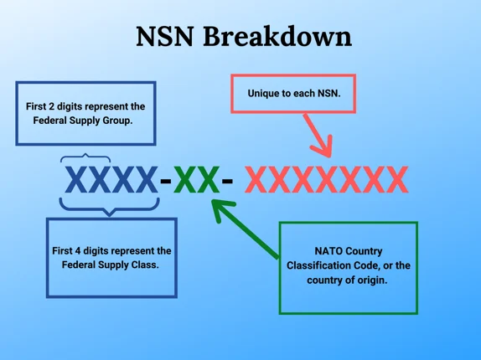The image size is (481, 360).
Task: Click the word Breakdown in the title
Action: [x=277, y=37]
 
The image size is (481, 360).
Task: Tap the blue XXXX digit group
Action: [x=111, y=180]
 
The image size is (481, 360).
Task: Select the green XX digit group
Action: [x=197, y=180]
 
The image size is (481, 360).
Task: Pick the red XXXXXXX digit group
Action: [x=326, y=180]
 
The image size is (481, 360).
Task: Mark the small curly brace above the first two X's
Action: [x=85, y=157]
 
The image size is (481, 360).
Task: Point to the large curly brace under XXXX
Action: [x=109, y=207]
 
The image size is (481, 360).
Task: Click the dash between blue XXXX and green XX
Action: [x=166, y=181]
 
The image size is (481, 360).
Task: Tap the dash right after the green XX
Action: [x=227, y=181]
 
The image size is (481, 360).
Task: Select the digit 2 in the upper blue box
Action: [x=53, y=106]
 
